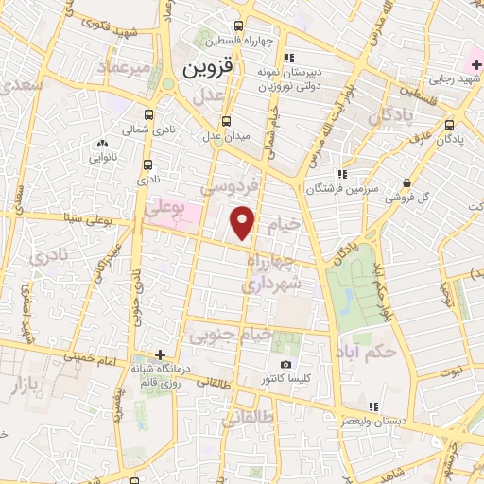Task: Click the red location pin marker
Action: coord(244,223)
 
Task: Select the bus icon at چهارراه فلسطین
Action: coord(237,26)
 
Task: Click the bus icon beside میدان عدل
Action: coord(225,120)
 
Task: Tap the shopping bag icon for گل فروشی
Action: coord(406,182)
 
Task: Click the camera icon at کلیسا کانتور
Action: coord(286,365)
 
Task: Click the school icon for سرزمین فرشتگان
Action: coord(342,174)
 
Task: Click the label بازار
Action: coord(27,385)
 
